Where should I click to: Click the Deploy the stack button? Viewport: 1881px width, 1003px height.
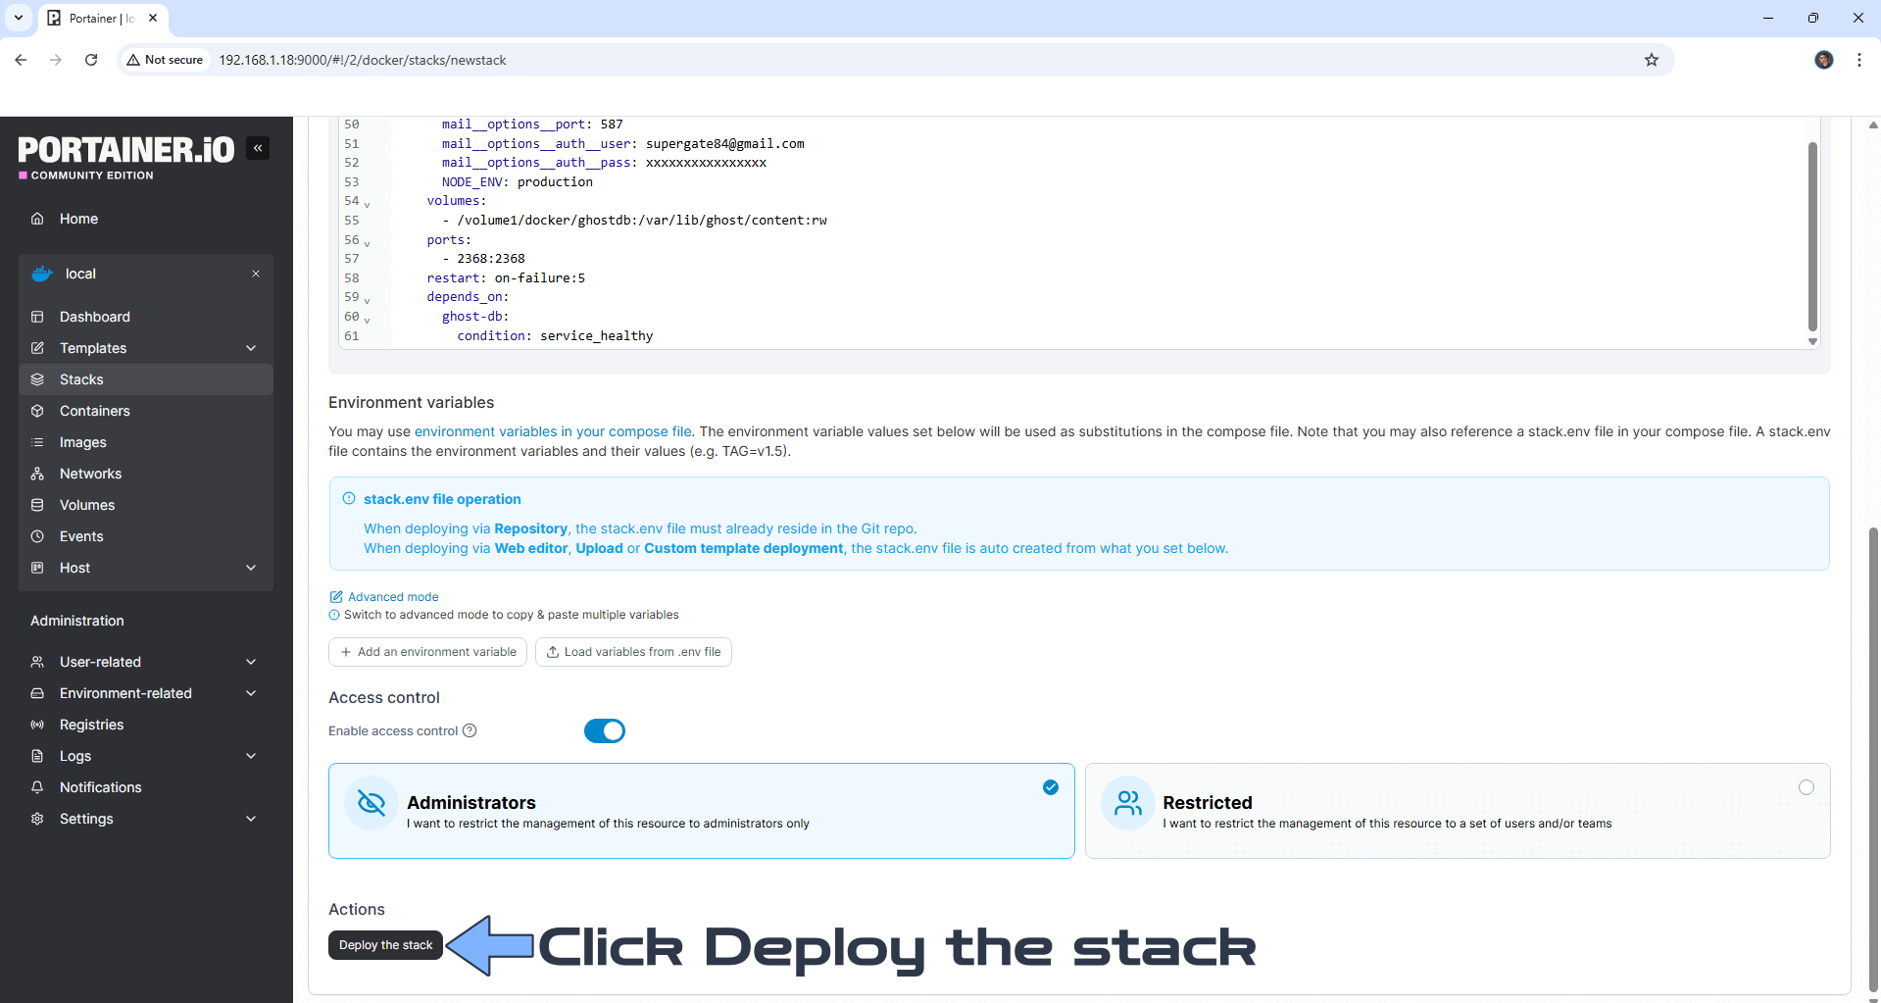coord(385,945)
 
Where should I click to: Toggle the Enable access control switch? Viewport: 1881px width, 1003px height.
coord(605,731)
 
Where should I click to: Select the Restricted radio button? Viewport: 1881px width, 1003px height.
coord(1806,787)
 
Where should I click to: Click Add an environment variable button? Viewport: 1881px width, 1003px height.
coord(428,652)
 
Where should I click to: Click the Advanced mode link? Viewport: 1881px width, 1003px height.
coord(393,597)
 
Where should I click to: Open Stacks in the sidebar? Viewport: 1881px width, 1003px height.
coord(81,379)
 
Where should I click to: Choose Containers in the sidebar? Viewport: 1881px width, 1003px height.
coord(94,411)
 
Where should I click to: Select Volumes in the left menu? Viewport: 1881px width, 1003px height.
coord(87,505)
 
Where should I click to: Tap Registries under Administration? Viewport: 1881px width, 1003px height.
coord(91,725)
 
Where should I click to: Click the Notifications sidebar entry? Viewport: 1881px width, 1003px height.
coord(100,787)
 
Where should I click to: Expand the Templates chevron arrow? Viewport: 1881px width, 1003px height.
coord(251,348)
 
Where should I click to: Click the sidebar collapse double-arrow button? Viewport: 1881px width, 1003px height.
coord(258,148)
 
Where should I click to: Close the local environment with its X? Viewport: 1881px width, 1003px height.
coord(256,274)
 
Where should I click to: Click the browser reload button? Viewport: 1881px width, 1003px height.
coord(91,60)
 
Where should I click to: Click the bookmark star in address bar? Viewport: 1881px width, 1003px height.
coord(1652,60)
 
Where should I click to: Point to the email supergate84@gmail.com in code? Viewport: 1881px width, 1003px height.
coord(724,144)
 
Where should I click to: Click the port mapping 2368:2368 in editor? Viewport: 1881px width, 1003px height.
coord(490,259)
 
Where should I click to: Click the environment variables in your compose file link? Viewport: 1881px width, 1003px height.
coord(553,431)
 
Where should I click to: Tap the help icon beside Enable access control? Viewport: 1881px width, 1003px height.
coord(470,730)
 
